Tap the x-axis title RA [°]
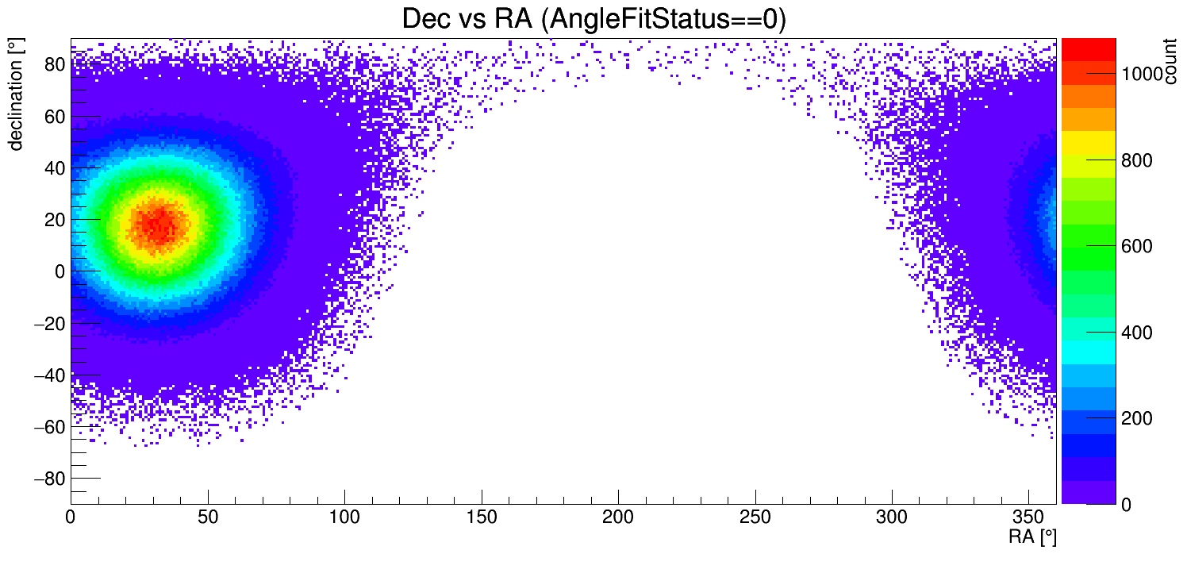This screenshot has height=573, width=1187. (1032, 537)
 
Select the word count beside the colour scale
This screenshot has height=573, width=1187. (1170, 63)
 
